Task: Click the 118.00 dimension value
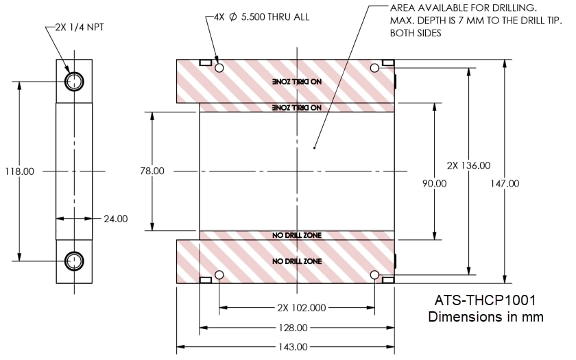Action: coord(19,171)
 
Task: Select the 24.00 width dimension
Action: coord(115,219)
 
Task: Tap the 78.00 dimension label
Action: coord(151,171)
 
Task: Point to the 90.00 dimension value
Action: coord(433,184)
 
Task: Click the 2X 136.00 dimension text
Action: coord(468,165)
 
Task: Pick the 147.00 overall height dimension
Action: coord(505,183)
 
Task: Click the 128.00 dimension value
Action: coord(297,328)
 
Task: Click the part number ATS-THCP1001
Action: coord(485,301)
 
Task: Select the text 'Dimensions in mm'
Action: coord(485,317)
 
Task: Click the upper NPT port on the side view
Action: coord(73,82)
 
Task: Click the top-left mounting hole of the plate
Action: coord(219,69)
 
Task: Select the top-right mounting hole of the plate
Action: coord(374,69)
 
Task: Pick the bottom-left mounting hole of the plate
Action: coord(219,275)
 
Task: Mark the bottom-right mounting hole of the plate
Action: coord(374,275)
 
